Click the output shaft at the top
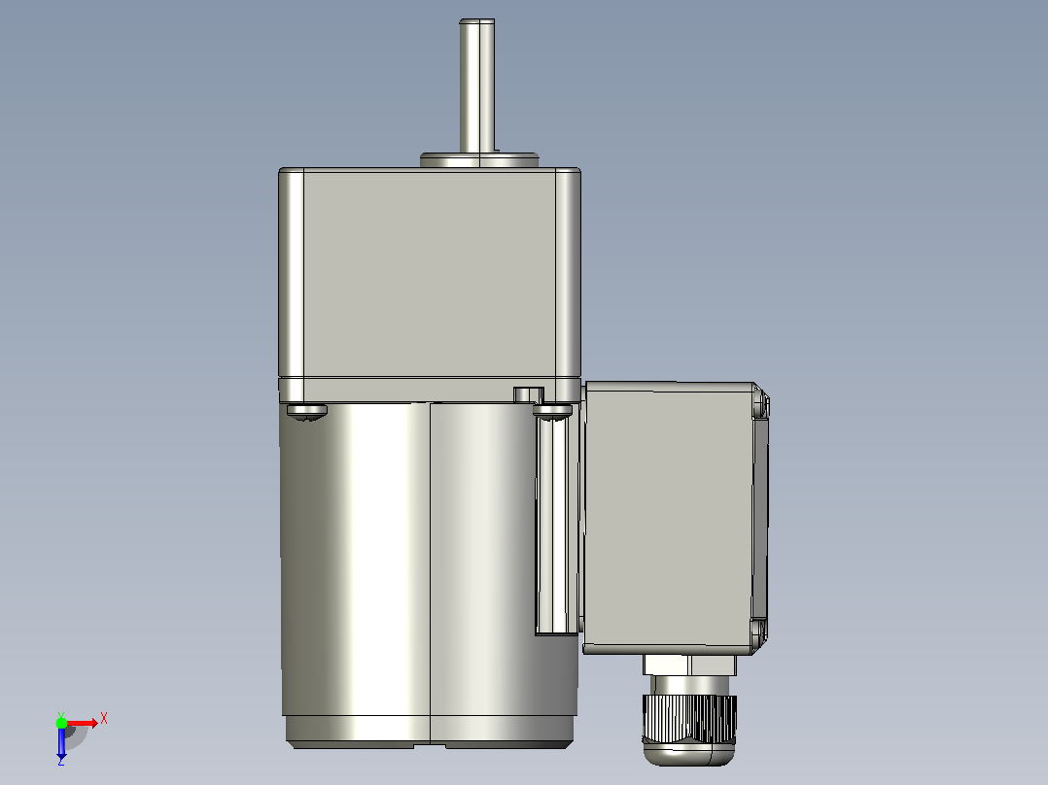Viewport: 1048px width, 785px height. (476, 86)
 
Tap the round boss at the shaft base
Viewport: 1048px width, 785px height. (479, 160)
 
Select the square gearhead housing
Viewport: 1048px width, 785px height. (429, 284)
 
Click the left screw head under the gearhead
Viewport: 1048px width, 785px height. (307, 412)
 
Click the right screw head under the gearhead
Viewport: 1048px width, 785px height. (553, 412)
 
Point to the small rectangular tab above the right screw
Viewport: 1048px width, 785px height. (529, 394)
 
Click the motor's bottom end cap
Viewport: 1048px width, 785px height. (429, 733)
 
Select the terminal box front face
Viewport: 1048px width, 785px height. (669, 518)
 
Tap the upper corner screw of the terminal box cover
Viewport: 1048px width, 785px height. (761, 404)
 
